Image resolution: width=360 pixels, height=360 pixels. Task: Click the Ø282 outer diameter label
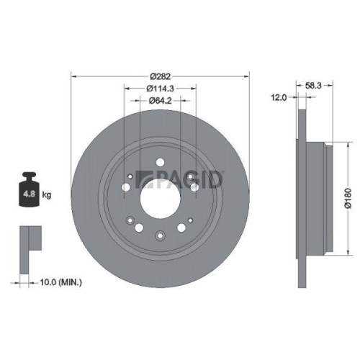pyautogui.click(x=160, y=73)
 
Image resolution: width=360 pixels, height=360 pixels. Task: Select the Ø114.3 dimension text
pyautogui.click(x=160, y=88)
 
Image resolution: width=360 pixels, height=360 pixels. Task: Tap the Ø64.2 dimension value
pyautogui.click(x=160, y=102)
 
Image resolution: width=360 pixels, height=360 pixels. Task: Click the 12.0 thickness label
pyautogui.click(x=279, y=96)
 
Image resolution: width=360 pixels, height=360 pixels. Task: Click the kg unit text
pyautogui.click(x=47, y=195)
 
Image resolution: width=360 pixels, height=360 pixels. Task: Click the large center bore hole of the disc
pyautogui.click(x=160, y=194)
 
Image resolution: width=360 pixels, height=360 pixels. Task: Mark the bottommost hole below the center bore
pyautogui.click(x=160, y=233)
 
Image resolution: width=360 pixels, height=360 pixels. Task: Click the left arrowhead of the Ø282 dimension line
pyautogui.click(x=75, y=73)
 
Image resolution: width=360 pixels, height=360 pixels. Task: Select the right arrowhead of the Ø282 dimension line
pyautogui.click(x=245, y=73)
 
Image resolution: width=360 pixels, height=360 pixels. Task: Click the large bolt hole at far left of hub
pyautogui.click(x=127, y=188)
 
